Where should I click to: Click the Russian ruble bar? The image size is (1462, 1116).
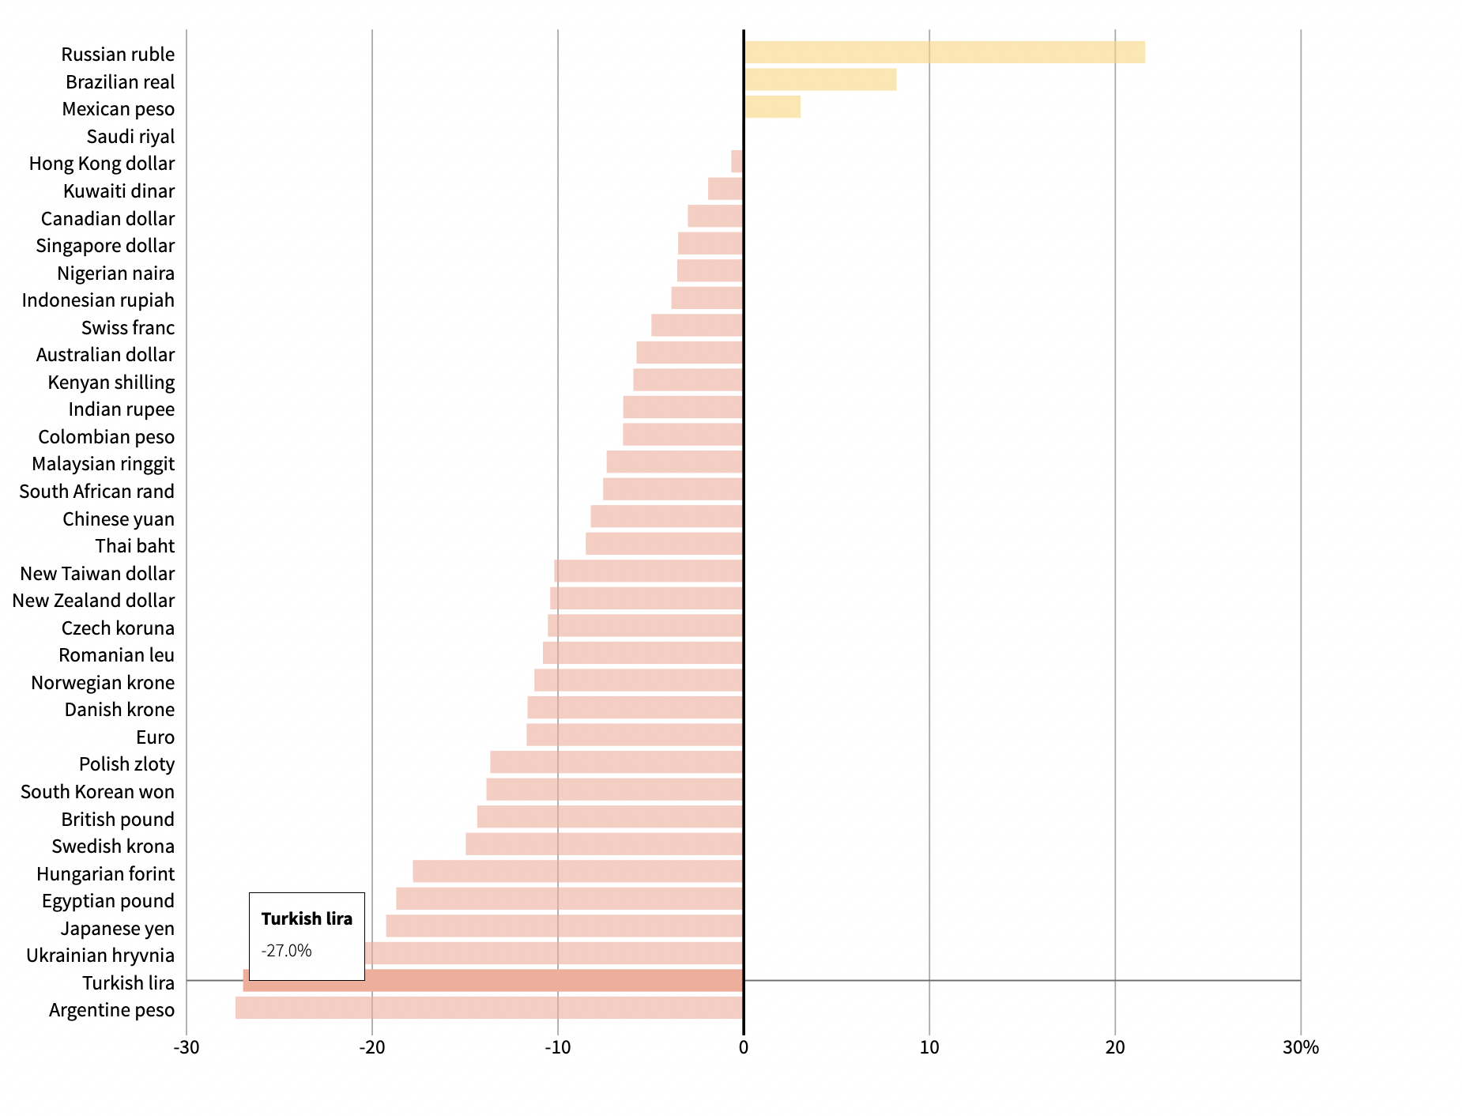[x=944, y=52]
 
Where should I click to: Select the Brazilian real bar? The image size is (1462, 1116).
[x=820, y=80]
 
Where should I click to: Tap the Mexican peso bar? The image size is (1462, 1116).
[x=772, y=107]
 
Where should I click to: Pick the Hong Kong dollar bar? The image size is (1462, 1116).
[x=737, y=161]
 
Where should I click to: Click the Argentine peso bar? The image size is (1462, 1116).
[x=489, y=1008]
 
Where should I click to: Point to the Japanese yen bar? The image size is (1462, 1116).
[x=564, y=926]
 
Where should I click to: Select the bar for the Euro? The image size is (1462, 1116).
[x=635, y=735]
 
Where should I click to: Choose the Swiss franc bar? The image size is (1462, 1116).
[x=697, y=326]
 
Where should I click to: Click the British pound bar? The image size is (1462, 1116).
[x=610, y=816]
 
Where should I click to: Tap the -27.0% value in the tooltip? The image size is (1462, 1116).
[x=287, y=951]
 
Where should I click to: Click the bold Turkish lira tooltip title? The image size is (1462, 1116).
[x=307, y=918]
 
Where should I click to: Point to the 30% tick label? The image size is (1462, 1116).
[x=1300, y=1048]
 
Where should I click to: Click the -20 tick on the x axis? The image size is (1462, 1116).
[x=371, y=1048]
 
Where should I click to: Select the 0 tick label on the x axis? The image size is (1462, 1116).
[x=743, y=1048]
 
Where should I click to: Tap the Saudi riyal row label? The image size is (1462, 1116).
[x=130, y=137]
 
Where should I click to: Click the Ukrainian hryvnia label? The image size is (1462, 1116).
[x=100, y=956]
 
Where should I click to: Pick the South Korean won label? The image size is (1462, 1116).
[x=97, y=792]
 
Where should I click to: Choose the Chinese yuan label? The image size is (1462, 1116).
[x=119, y=519]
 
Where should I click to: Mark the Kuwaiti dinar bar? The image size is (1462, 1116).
[x=725, y=189]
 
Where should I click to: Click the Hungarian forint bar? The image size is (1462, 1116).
[x=578, y=871]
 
